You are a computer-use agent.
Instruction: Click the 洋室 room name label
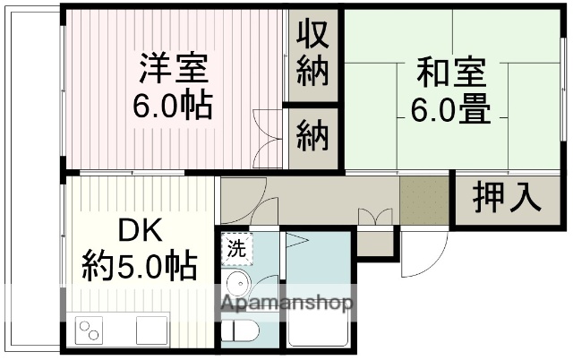tap(174, 68)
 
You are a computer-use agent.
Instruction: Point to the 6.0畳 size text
tap(450, 110)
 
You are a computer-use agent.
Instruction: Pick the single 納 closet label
tap(313, 137)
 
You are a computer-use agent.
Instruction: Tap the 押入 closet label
tap(507, 196)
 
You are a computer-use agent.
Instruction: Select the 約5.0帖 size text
tap(140, 267)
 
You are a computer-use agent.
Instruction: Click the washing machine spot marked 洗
tap(235, 246)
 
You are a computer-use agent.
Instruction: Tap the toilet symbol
tap(239, 331)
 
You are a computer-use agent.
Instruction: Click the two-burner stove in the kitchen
tap(90, 330)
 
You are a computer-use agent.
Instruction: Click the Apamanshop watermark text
tap(287, 304)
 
